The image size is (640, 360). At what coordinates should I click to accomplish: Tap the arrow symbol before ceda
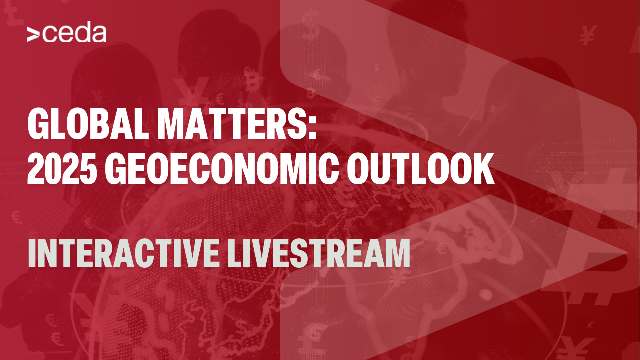click(33, 35)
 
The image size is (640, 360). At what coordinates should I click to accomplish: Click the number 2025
click(61, 169)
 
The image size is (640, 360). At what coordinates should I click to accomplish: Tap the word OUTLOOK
click(420, 169)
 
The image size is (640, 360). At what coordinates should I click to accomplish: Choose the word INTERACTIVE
click(123, 253)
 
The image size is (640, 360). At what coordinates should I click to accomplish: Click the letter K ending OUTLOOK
click(483, 169)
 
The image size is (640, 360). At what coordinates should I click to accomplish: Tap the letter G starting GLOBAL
click(38, 125)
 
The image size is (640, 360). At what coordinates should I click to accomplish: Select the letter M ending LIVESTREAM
click(397, 253)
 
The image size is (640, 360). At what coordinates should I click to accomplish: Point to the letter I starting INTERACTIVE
click(32, 253)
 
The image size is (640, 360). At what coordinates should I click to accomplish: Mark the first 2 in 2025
click(35, 169)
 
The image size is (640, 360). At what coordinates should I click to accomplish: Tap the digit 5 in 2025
click(87, 169)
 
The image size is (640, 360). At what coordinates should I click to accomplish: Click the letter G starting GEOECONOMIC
click(116, 169)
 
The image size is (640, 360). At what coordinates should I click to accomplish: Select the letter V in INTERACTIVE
click(183, 253)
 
